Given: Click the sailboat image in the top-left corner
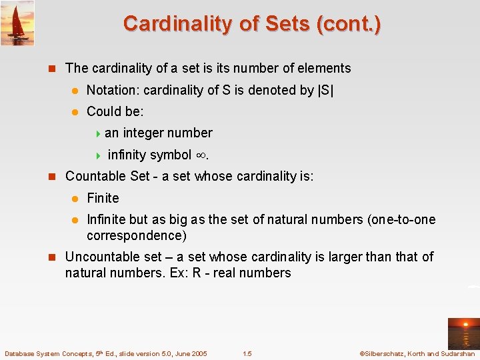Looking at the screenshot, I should (x=17, y=23).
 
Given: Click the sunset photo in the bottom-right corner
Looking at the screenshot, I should (x=463, y=333).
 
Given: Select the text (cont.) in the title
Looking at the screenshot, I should (x=349, y=23).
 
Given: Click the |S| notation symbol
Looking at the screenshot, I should (x=327, y=90).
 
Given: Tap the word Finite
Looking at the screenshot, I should (x=103, y=198).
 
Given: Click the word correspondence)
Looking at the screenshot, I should (x=137, y=235).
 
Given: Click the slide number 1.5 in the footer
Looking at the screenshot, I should (x=247, y=353).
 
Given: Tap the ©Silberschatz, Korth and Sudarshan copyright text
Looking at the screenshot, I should (x=416, y=353).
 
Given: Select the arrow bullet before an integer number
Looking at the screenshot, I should (x=97, y=133).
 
